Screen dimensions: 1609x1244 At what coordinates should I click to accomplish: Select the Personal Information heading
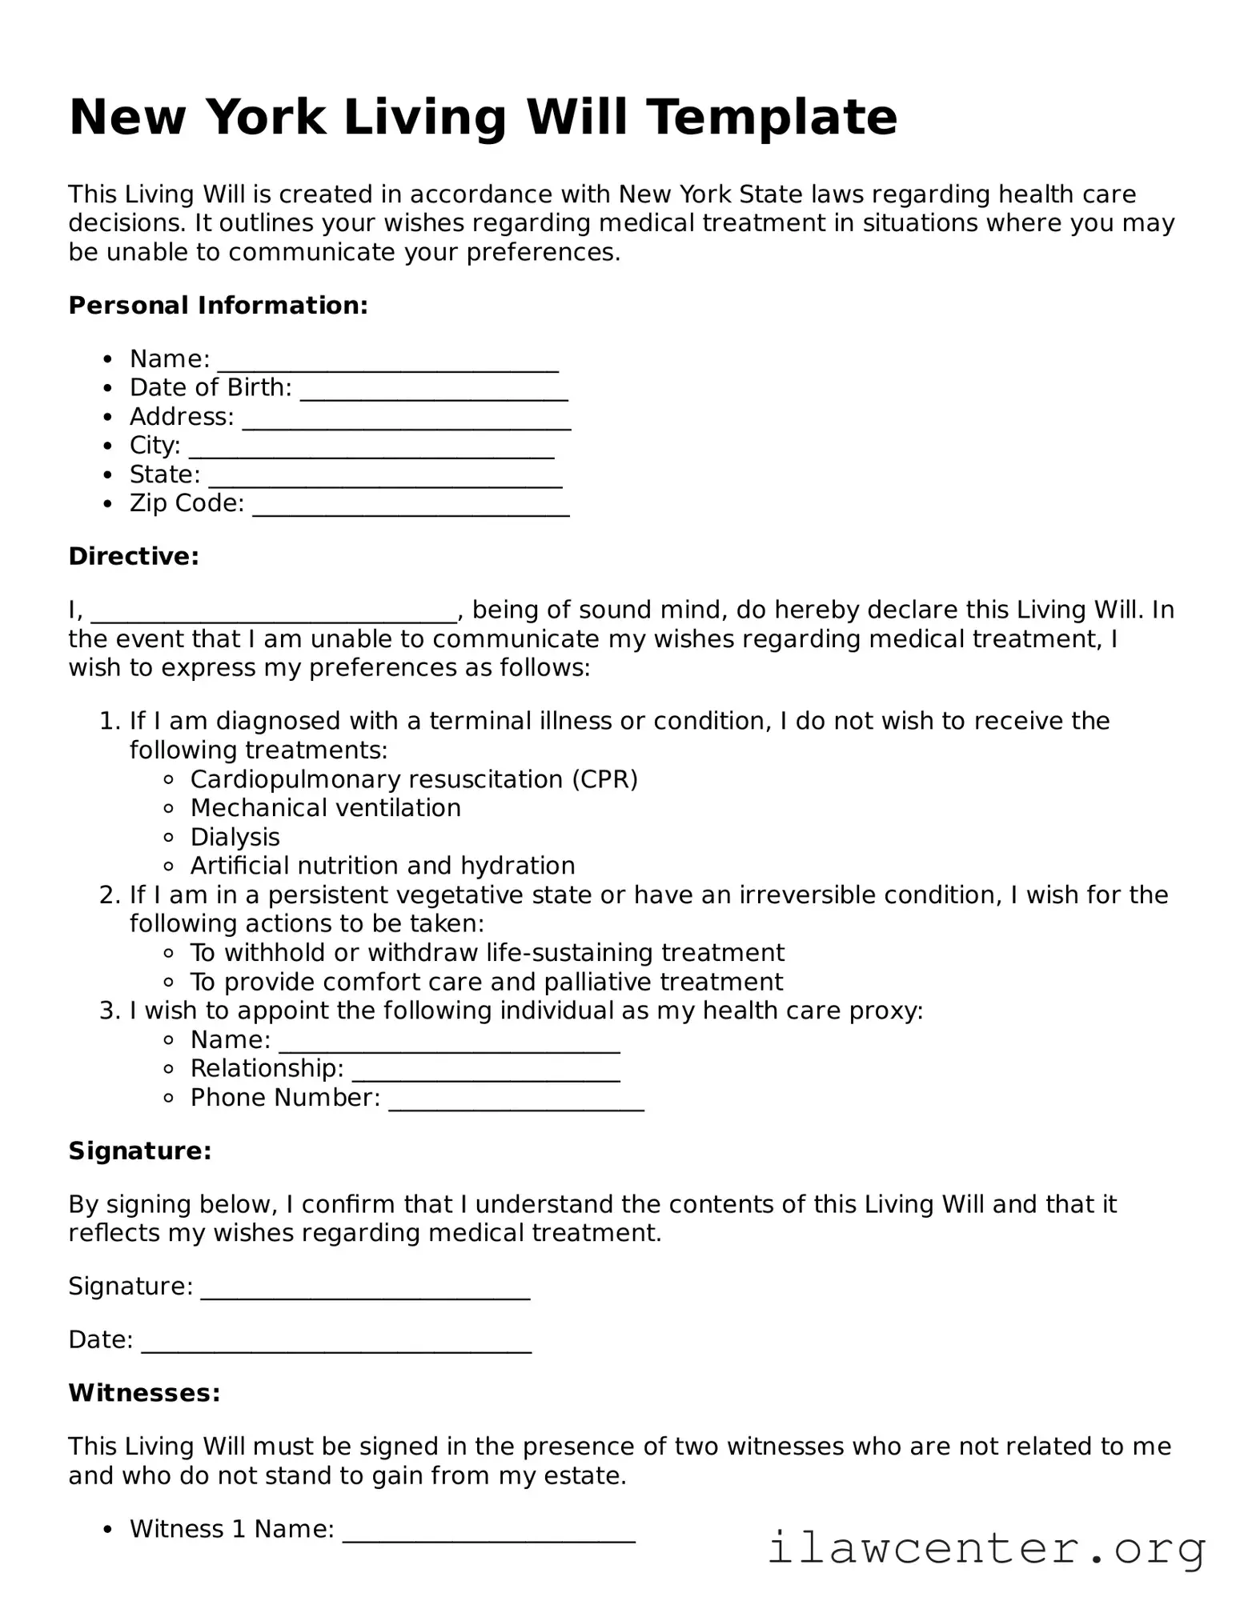(218, 306)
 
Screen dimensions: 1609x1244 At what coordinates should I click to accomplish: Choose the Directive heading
(134, 556)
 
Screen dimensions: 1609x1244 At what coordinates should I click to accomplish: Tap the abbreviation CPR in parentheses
(604, 779)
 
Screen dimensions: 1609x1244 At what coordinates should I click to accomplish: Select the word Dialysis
(235, 837)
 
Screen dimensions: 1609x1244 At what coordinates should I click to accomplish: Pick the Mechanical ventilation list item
(325, 808)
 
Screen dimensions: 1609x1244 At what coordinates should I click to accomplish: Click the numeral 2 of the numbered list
(109, 895)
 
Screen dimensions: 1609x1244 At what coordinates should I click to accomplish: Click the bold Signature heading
(140, 1151)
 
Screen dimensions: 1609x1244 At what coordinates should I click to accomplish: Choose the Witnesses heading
(144, 1393)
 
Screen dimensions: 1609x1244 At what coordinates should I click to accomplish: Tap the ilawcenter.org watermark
(986, 1547)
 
